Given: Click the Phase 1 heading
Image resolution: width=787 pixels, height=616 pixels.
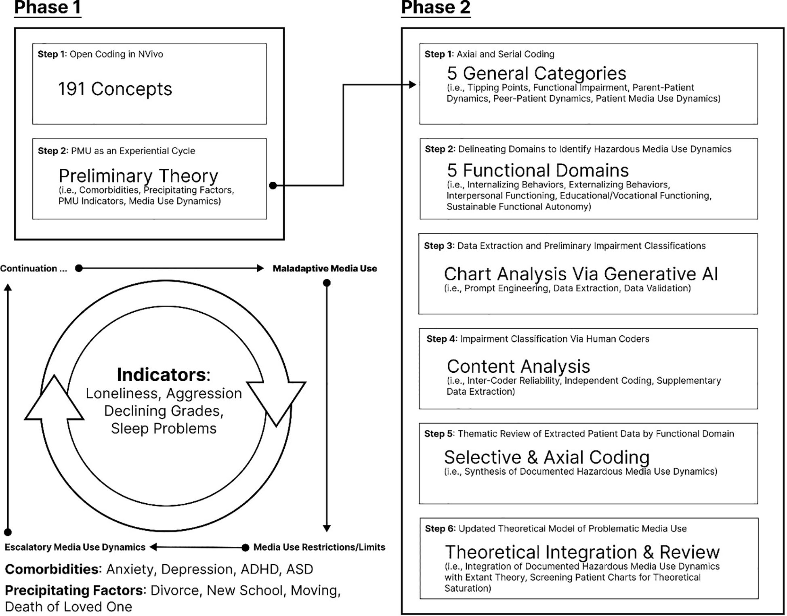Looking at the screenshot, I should click(x=48, y=8).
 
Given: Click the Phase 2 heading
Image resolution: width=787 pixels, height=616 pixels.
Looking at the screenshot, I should click(x=435, y=8).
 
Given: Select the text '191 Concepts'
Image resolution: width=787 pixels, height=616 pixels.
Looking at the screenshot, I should click(x=115, y=89).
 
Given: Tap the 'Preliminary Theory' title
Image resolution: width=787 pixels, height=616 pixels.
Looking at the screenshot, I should click(x=138, y=176).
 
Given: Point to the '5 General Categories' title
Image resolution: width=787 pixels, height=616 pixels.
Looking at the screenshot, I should click(x=536, y=74).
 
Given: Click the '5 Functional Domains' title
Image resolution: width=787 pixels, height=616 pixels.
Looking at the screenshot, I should click(x=537, y=170).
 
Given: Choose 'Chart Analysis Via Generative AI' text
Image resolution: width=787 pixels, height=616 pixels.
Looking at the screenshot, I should click(x=581, y=274).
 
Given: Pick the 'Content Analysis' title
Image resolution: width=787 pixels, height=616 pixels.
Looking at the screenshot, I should click(x=518, y=366).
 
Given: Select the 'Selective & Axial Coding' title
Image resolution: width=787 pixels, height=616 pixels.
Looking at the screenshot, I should click(x=547, y=457).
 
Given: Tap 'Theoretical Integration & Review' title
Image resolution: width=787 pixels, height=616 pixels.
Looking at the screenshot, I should click(x=582, y=552).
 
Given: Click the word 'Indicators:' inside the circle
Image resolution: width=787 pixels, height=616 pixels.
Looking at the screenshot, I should click(x=164, y=375).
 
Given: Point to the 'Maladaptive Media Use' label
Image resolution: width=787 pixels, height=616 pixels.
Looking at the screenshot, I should click(x=325, y=269).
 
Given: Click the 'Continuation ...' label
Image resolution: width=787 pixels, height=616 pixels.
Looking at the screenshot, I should click(x=34, y=269).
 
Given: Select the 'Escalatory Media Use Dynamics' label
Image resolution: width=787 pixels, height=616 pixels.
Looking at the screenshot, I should click(x=75, y=547).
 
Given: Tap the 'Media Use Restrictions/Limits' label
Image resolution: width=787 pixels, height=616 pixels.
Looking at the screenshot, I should click(x=319, y=547).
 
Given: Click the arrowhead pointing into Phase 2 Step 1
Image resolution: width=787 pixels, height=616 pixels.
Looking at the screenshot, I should click(x=412, y=85).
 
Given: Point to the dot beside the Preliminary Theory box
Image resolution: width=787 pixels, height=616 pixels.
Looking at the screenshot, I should click(x=273, y=185).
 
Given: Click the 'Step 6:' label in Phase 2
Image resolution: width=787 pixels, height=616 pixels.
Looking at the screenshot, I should click(x=440, y=529).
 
